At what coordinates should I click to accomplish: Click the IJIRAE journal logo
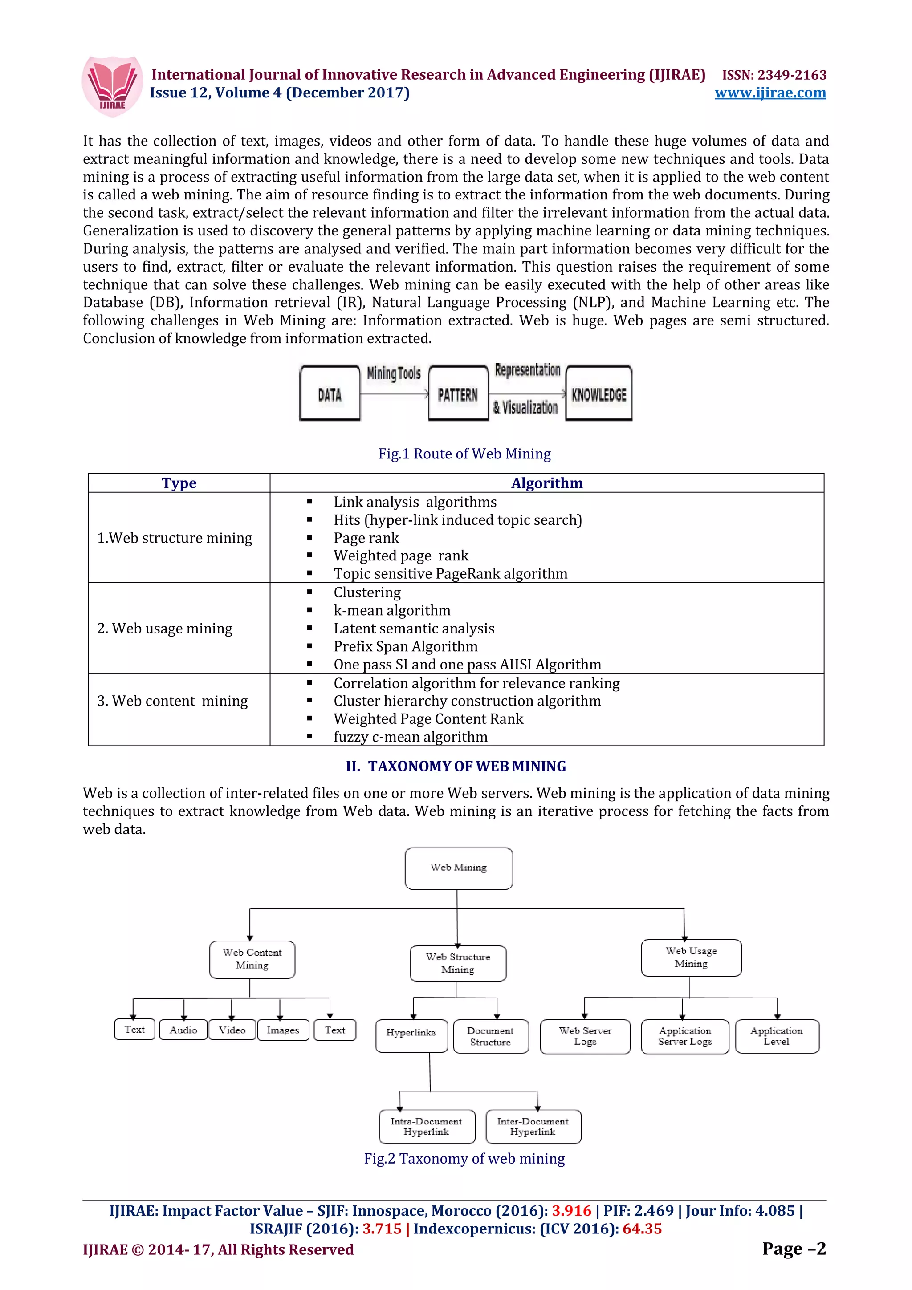click(x=112, y=86)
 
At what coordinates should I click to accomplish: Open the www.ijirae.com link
click(x=770, y=93)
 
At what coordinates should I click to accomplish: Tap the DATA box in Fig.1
click(x=330, y=394)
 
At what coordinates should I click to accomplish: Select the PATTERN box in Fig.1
click(x=458, y=394)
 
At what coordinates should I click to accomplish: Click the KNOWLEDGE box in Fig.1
click(x=598, y=394)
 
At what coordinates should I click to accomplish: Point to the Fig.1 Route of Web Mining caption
click(x=464, y=454)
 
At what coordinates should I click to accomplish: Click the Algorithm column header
click(x=547, y=483)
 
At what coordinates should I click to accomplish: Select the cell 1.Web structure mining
click(x=175, y=538)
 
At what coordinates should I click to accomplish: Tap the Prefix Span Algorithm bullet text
click(x=405, y=647)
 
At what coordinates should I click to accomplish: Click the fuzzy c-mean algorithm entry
click(x=410, y=737)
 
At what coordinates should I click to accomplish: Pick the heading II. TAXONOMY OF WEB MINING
click(x=456, y=767)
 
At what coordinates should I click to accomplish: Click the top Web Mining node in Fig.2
click(x=459, y=868)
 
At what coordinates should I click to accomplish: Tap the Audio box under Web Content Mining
click(x=183, y=1030)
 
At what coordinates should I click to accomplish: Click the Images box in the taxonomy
click(x=283, y=1030)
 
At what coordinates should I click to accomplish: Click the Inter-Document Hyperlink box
click(x=533, y=1127)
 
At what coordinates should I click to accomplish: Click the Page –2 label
click(x=794, y=1249)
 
